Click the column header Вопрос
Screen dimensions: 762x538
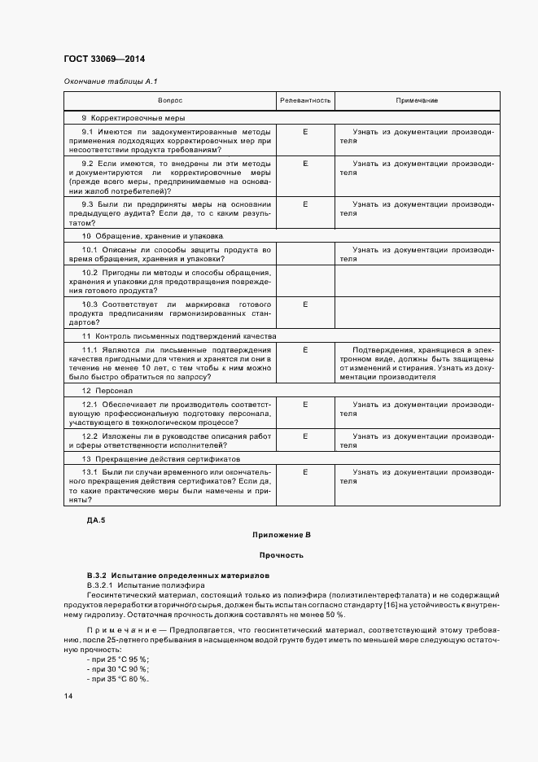coord(170,100)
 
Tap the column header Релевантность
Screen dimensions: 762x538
coord(305,100)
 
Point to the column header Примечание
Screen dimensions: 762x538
coord(417,100)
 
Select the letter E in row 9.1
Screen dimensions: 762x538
coord(305,130)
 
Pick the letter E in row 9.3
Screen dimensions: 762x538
coord(305,204)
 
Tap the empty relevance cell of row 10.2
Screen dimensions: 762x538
coord(305,281)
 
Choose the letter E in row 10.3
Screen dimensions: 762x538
coord(305,304)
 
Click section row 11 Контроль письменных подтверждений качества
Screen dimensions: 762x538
coord(179,335)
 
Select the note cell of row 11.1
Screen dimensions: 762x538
coord(417,363)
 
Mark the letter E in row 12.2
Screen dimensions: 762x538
coord(305,436)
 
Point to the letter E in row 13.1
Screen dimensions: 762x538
coord(305,471)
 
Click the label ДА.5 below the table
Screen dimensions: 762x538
coord(96,519)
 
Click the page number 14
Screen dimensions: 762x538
coord(68,696)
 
